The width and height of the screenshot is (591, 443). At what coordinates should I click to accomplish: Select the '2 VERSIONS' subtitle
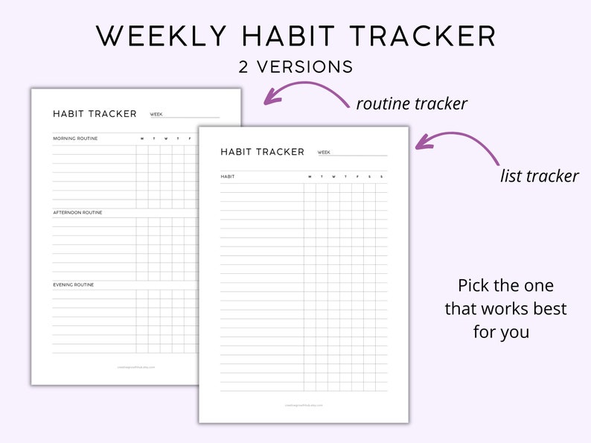(295, 67)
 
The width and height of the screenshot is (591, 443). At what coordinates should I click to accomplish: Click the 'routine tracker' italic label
(412, 103)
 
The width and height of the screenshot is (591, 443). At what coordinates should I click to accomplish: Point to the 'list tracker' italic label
(539, 176)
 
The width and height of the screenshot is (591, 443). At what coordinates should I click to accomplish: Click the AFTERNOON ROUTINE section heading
(77, 213)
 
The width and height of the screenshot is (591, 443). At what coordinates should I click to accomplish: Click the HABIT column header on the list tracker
(227, 176)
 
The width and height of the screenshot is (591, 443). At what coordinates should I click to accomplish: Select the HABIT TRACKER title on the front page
(262, 152)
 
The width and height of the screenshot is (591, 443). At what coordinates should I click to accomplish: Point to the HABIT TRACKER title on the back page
(95, 114)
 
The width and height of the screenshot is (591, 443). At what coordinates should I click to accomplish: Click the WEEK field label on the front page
(324, 153)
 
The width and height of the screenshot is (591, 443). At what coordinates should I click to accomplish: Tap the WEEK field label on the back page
(156, 115)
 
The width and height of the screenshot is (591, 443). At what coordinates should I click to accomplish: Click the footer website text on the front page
(304, 406)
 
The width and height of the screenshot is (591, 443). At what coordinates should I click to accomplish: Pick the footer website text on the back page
(136, 367)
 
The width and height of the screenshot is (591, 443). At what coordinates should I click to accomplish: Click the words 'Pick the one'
(505, 286)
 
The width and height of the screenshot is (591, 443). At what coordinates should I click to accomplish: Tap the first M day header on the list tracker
(310, 176)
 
